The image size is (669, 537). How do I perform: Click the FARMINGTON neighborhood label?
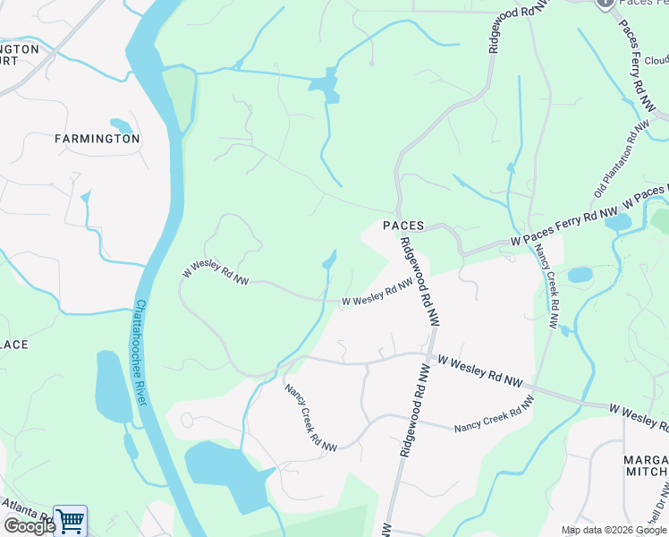tap(97, 139)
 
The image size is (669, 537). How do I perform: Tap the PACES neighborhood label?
tap(403, 226)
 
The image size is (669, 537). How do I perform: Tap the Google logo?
tap(29, 525)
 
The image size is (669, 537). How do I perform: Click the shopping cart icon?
tap(70, 520)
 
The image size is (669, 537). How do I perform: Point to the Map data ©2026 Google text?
tap(614, 530)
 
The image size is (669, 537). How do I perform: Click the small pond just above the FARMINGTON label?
tap(120, 126)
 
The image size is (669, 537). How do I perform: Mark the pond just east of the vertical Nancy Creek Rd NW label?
tap(580, 275)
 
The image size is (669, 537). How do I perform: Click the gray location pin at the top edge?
tap(605, 4)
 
